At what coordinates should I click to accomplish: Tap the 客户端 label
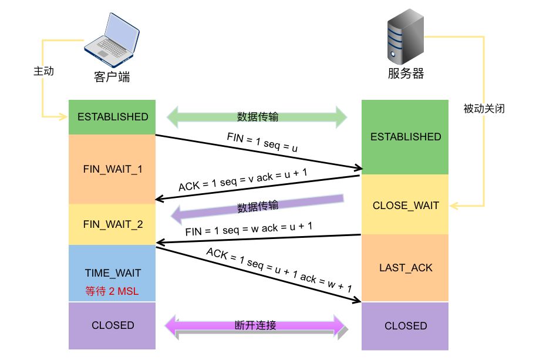point(112,77)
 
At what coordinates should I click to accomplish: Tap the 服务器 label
point(405,74)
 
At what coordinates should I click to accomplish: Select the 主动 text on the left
point(43,71)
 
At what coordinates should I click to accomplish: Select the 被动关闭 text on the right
point(484,109)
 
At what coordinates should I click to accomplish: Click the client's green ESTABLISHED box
point(112,117)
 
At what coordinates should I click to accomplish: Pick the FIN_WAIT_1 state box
point(112,169)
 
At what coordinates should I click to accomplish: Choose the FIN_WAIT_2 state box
point(112,224)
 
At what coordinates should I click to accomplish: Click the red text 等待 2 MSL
point(112,290)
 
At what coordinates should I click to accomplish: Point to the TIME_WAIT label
point(112,273)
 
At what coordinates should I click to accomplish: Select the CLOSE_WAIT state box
point(406,206)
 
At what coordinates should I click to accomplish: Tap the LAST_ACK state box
point(406,268)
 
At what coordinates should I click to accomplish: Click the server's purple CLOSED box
point(406,326)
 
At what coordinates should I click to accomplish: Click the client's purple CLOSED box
point(112,325)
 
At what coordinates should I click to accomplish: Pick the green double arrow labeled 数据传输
point(258,116)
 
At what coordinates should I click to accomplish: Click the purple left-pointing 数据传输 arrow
point(257,208)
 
